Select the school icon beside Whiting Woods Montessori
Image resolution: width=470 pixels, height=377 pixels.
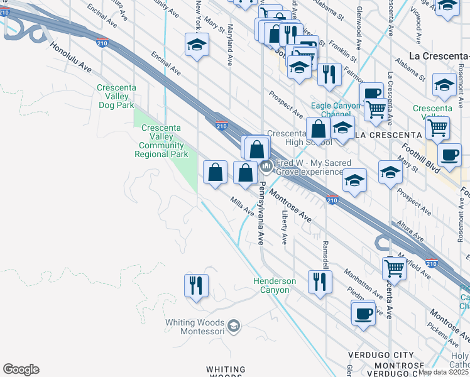(234, 325)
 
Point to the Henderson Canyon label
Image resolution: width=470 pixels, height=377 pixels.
(275, 285)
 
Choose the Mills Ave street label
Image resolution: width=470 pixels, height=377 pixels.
(242, 206)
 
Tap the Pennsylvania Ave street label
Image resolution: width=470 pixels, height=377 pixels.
(262, 214)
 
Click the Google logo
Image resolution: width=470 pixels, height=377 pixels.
(21, 369)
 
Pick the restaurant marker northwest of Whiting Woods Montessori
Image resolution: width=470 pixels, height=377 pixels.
(196, 285)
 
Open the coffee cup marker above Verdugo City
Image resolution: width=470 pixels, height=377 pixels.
(363, 312)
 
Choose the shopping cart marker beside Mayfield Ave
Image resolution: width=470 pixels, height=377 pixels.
(394, 268)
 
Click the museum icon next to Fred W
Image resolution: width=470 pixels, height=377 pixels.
(265, 167)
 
